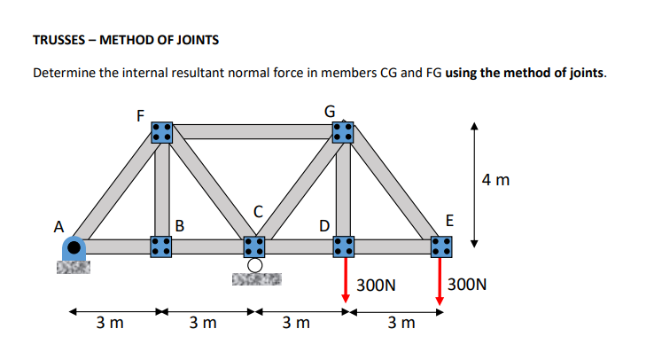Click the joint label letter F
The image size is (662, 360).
tap(140, 114)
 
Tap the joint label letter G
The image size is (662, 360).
tap(331, 112)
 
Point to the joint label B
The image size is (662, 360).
tap(180, 224)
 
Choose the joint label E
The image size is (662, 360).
tap(449, 220)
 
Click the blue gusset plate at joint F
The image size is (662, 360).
tap(161, 132)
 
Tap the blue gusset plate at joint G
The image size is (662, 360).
tap(343, 132)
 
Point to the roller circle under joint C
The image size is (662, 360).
tap(254, 264)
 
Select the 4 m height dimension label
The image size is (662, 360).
tap(496, 181)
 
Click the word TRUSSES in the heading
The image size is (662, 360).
tap(61, 41)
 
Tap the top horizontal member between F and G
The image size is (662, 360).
tap(252, 132)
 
